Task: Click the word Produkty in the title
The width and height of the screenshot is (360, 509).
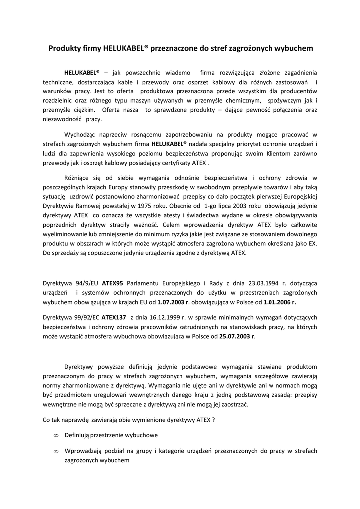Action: (x=63, y=48)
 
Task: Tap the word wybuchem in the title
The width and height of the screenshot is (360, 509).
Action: (x=294, y=48)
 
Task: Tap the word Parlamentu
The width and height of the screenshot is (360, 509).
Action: (x=148, y=283)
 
